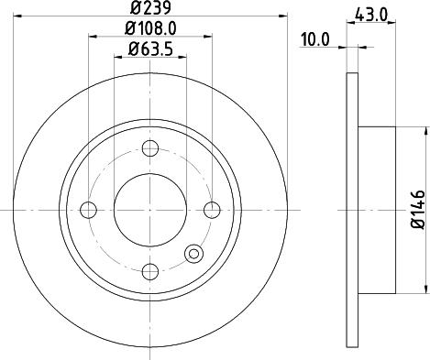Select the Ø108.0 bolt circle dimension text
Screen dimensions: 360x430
pyautogui.click(x=150, y=28)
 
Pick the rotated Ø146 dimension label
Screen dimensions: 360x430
pyautogui.click(x=417, y=209)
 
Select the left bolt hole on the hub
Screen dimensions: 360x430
pyautogui.click(x=89, y=210)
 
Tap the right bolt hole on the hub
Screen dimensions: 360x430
pyautogui.click(x=213, y=210)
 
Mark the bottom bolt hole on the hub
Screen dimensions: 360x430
pyautogui.click(x=150, y=271)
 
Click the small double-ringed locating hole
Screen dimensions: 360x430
pyautogui.click(x=193, y=254)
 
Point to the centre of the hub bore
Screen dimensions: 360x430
pyautogui.click(x=150, y=210)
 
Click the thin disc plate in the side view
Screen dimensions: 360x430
pyautogui.click(x=353, y=210)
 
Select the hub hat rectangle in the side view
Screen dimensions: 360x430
pyautogui.click(x=377, y=210)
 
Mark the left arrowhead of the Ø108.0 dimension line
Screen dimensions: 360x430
pyautogui.click(x=93, y=38)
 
